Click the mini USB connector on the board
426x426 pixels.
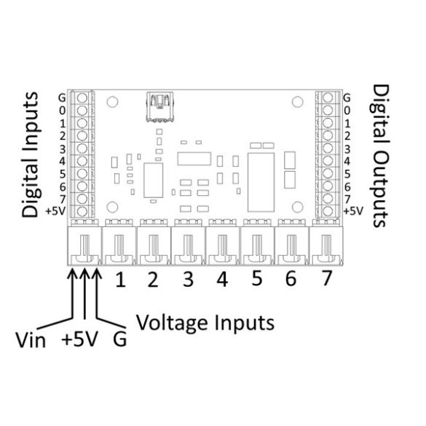(159, 107)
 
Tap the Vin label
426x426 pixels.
(31, 340)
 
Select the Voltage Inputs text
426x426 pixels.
(205, 323)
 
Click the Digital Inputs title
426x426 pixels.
(31, 154)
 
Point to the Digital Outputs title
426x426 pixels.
(380, 156)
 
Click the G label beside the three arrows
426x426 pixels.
(120, 339)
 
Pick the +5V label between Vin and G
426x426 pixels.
(79, 339)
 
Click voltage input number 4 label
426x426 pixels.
(222, 280)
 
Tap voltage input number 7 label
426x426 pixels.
(326, 278)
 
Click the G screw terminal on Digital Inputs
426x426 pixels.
(82, 98)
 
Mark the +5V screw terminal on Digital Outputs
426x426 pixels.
(328, 211)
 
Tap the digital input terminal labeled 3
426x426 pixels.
(82, 149)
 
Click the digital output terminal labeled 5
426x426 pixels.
(328, 173)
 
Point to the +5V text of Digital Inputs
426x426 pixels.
(55, 211)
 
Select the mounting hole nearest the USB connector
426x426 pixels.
(112, 102)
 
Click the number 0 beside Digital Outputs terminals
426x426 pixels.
(347, 111)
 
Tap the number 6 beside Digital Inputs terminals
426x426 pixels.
(63, 187)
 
